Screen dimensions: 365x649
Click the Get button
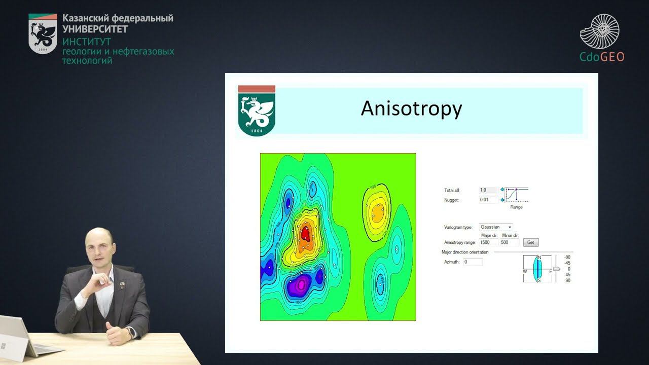(x=531, y=242)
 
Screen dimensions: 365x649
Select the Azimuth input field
(x=473, y=262)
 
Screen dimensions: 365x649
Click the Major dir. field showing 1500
(x=488, y=242)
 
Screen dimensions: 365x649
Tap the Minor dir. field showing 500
(x=509, y=242)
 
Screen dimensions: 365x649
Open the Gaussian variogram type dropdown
(x=496, y=227)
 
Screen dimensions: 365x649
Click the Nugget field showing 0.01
(x=488, y=200)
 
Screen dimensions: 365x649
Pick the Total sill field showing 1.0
(x=488, y=190)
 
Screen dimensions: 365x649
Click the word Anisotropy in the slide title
(x=411, y=109)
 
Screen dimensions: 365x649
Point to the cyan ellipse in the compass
(x=538, y=269)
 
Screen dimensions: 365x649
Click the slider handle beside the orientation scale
(x=556, y=269)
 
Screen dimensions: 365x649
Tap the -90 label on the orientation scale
(x=567, y=257)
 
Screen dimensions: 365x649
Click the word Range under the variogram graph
(x=516, y=207)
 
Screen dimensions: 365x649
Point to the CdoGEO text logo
(x=602, y=57)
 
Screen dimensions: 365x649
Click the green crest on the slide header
(x=257, y=114)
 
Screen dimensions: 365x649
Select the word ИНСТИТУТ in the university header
(x=86, y=42)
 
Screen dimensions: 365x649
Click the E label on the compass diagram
(x=550, y=272)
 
